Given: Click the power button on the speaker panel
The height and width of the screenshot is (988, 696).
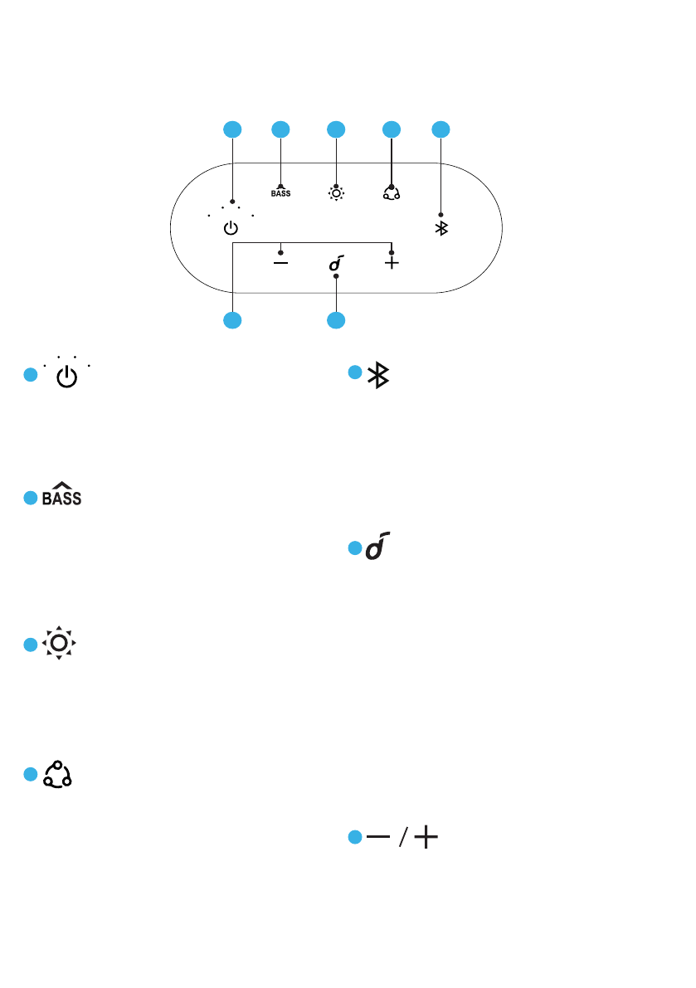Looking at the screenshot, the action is click(x=231, y=229).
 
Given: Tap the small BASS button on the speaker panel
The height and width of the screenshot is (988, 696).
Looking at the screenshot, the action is click(x=280, y=192).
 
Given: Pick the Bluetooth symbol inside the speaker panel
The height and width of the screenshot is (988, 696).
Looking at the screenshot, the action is click(x=441, y=228).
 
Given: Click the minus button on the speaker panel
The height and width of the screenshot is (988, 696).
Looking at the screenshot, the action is click(x=281, y=263).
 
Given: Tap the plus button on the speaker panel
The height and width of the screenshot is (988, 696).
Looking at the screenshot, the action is click(x=392, y=263).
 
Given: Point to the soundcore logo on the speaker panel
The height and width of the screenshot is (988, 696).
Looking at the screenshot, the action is click(x=336, y=264).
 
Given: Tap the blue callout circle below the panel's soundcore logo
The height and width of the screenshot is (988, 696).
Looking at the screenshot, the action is click(x=336, y=319).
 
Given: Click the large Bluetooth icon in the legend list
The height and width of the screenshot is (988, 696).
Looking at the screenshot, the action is click(x=379, y=376).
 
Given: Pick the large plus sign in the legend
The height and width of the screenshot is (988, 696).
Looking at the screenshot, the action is click(x=426, y=838).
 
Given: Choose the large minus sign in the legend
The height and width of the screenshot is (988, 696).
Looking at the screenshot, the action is click(x=379, y=838).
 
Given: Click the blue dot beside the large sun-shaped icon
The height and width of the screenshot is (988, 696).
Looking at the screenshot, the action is click(x=30, y=645).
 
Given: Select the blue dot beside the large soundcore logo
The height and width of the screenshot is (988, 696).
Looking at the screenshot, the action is click(x=354, y=549).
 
